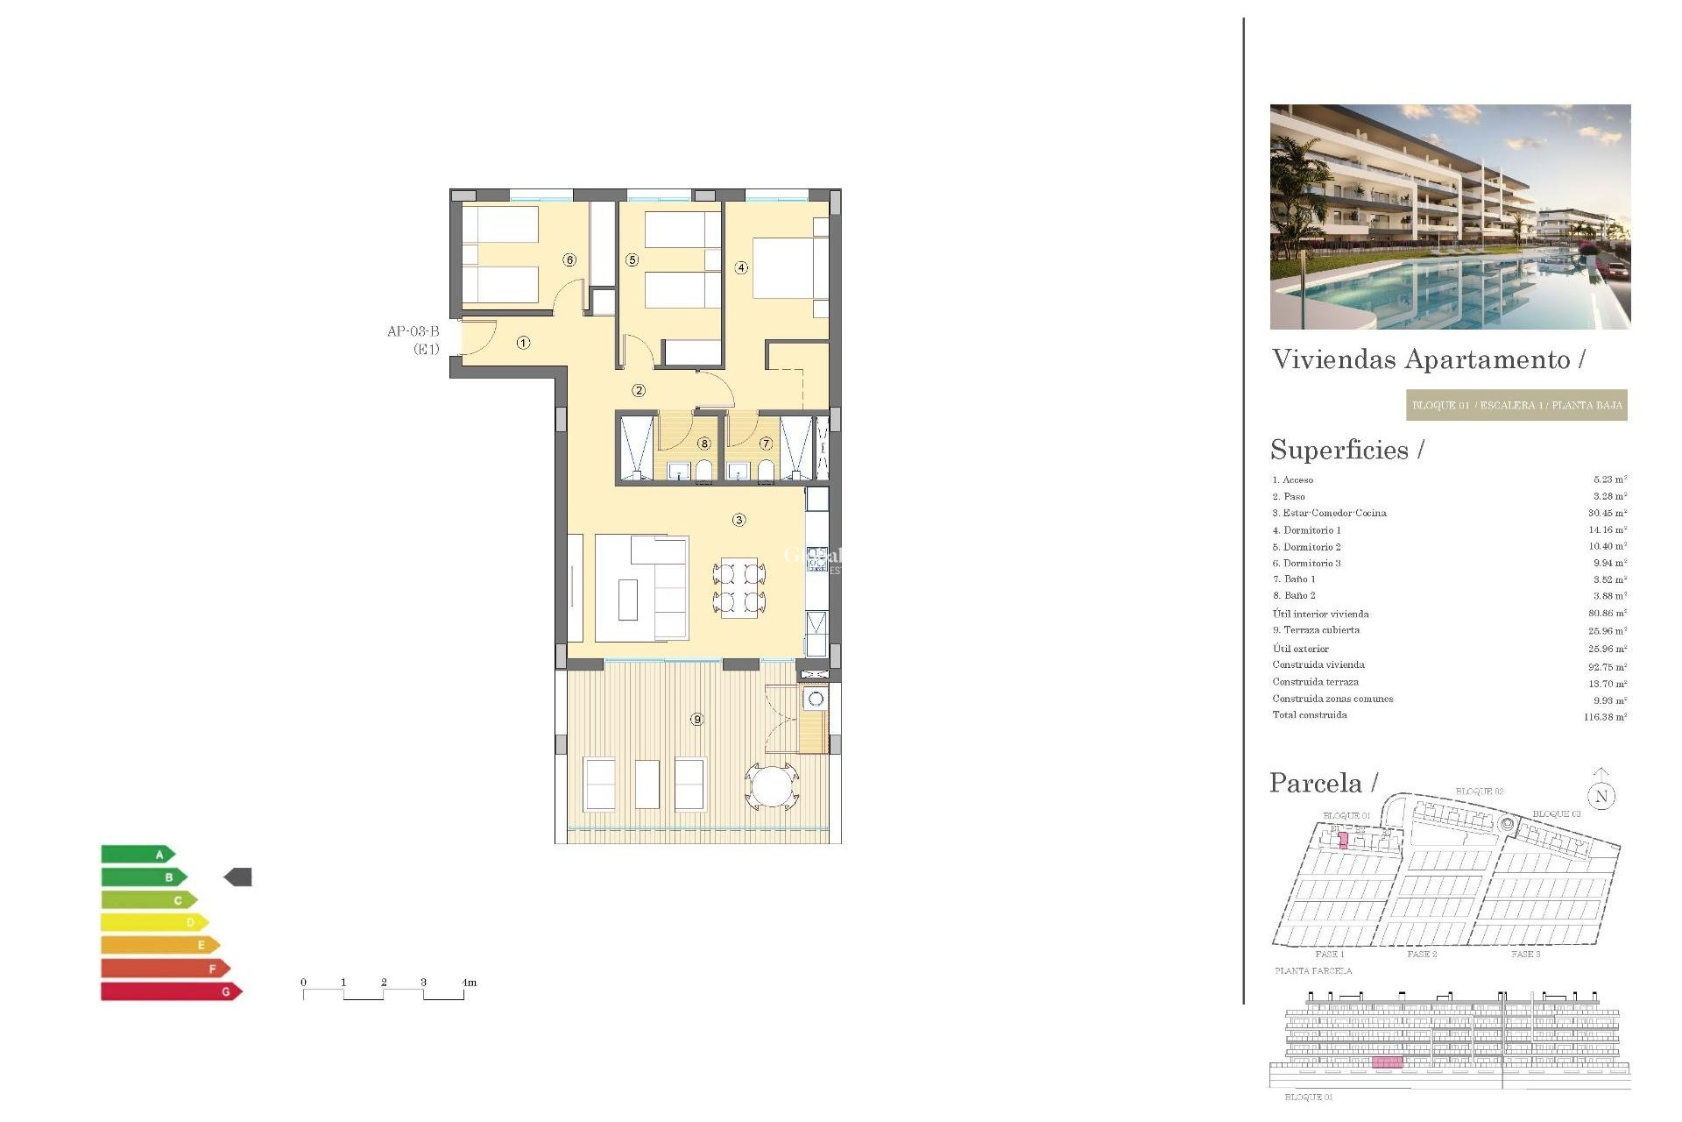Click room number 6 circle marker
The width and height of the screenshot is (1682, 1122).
570,260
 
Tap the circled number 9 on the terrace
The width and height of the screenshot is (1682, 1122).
697,720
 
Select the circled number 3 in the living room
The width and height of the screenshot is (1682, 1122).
739,520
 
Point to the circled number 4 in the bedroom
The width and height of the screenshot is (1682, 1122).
741,267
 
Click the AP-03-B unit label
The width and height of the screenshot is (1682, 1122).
413,331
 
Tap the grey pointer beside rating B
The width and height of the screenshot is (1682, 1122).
238,877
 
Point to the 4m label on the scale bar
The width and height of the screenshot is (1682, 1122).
469,983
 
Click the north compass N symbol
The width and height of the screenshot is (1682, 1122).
1601,796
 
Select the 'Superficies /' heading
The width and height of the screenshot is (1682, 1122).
1346,450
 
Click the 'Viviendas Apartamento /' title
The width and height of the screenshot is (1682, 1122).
1428,359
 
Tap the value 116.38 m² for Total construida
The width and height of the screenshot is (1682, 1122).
1605,717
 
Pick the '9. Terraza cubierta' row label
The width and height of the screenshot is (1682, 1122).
1316,630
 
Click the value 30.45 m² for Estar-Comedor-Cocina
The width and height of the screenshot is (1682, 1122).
1608,513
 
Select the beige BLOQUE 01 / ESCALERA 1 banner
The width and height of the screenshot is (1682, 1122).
1516,406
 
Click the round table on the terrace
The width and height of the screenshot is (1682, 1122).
772,786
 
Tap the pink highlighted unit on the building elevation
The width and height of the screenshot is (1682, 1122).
1387,1062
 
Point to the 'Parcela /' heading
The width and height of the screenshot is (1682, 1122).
1323,783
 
